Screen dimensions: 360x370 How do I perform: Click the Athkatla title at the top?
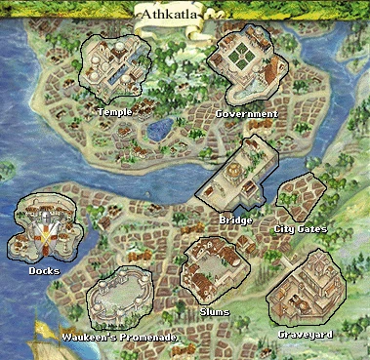point(178,15)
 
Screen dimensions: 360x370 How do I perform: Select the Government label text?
point(246,114)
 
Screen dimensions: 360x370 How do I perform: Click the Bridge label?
point(237,220)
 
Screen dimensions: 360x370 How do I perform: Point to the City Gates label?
point(300,229)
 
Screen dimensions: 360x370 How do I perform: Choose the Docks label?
point(44,270)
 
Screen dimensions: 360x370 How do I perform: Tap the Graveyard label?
point(306,335)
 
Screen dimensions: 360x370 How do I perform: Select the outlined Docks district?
point(45,226)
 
